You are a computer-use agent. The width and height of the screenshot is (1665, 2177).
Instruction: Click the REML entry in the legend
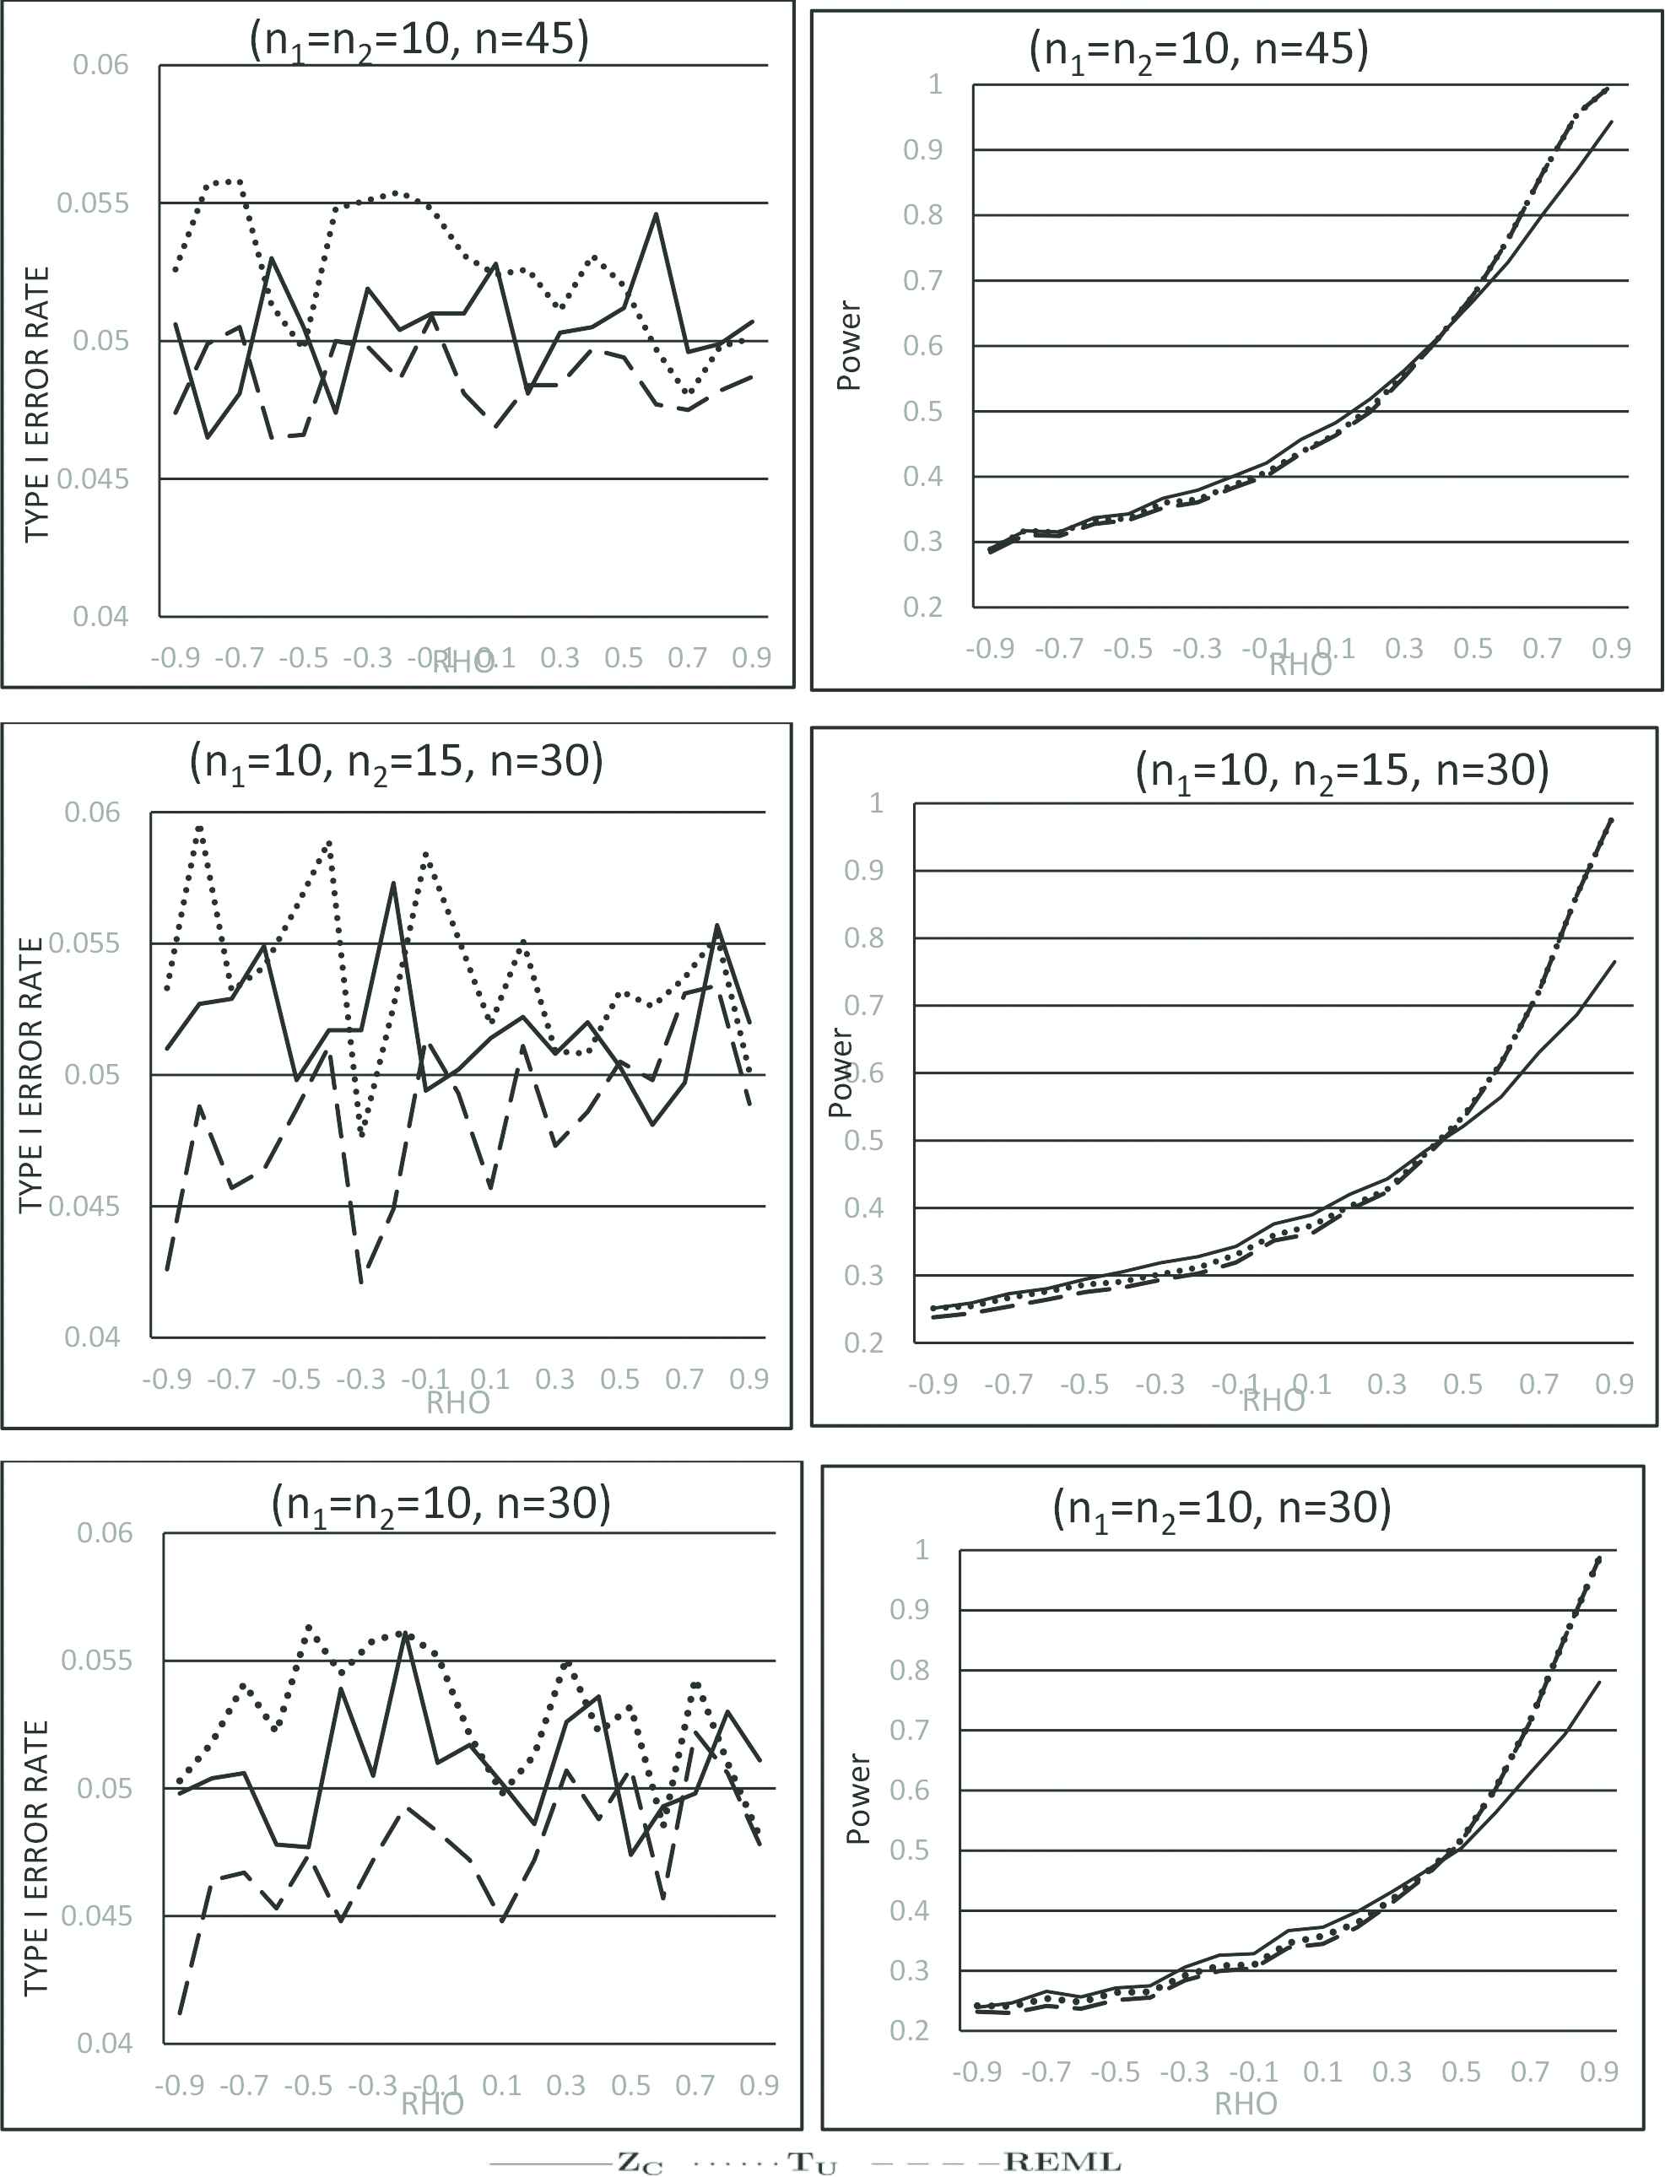tap(1062, 2161)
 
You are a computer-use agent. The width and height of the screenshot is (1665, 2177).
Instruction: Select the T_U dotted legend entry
tap(812, 2162)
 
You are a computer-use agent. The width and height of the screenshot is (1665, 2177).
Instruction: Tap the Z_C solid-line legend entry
tap(639, 2162)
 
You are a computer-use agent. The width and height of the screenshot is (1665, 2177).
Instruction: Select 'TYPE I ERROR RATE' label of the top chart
tap(36, 403)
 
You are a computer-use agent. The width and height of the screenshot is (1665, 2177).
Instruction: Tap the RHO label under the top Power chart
tap(1300, 665)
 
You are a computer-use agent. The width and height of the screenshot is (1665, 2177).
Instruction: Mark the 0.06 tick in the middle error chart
tap(91, 813)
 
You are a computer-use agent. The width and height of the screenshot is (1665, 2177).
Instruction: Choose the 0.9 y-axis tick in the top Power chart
tap(922, 149)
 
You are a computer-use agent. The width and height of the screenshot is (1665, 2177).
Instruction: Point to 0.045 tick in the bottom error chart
tap(96, 1915)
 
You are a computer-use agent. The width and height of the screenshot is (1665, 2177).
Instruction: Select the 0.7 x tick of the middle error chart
tap(684, 1378)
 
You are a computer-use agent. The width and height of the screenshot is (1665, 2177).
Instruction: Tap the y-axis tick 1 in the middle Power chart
tap(876, 802)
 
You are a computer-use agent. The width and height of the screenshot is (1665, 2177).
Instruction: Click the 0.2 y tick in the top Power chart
tap(922, 607)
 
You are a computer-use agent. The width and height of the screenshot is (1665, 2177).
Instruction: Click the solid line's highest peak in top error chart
tap(655, 214)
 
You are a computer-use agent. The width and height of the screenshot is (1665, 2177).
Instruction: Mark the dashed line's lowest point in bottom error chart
tap(180, 2013)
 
